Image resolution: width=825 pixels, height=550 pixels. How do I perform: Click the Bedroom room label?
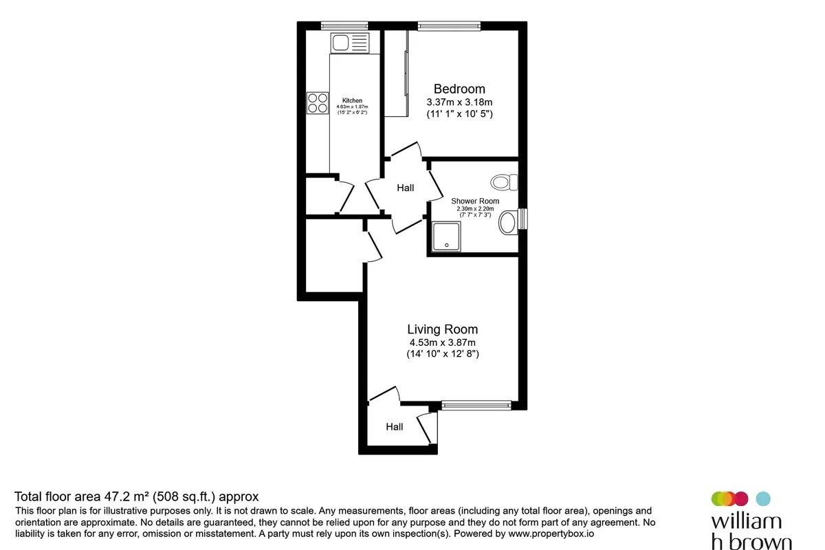459,89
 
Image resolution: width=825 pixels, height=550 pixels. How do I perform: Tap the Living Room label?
442,329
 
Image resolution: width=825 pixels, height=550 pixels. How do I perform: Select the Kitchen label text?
352,100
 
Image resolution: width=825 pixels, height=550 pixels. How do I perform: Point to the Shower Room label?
475,201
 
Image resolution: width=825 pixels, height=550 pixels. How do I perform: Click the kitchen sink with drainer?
350,43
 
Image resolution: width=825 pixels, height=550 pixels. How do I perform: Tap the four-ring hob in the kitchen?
318,102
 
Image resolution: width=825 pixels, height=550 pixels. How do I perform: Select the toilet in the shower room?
504,182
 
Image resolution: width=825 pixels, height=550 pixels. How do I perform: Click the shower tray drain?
447,245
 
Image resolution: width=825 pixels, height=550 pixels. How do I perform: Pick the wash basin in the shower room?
508,223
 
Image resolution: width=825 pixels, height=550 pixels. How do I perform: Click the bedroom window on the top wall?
449,26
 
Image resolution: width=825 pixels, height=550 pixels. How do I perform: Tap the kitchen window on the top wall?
344,25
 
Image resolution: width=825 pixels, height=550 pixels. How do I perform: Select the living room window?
476,406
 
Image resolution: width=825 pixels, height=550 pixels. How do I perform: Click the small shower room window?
522,219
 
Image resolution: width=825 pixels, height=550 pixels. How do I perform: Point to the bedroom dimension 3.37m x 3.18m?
459,102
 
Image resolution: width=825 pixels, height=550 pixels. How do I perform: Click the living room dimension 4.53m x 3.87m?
442,342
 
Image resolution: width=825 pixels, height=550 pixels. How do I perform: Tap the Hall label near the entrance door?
394,426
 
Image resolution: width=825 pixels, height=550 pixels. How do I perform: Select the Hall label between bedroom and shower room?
405,188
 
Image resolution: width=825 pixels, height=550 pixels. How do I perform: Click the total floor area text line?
137,496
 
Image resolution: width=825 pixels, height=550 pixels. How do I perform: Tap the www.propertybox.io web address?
551,533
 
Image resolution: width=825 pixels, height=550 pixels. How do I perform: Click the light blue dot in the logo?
763,498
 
